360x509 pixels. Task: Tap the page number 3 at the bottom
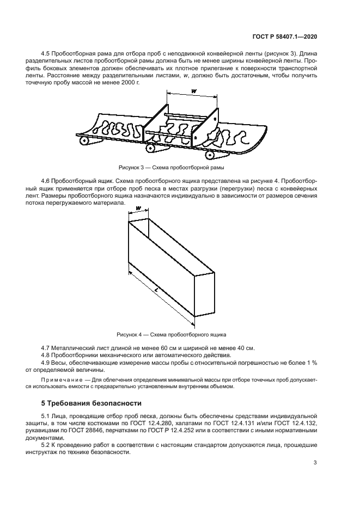tap(315, 463)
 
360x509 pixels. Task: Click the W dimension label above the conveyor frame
tap(194, 91)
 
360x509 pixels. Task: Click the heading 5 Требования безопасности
tap(91, 403)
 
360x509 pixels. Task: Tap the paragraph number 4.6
tap(47, 179)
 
